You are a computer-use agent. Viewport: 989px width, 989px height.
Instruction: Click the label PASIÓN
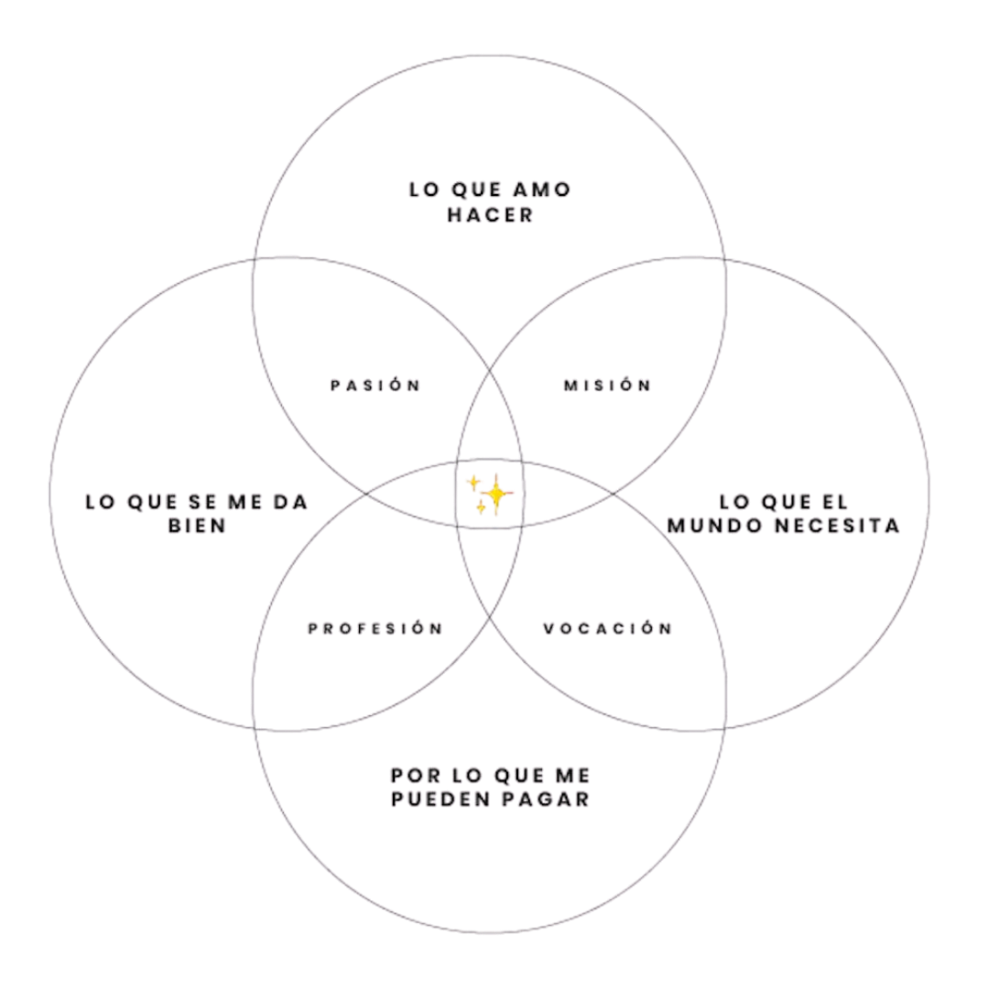coord(375,386)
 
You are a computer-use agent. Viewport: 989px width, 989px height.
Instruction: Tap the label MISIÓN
coord(607,386)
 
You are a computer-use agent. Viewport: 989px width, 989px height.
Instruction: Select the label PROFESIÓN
coord(375,628)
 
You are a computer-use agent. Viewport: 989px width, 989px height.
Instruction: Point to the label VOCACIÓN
coord(607,628)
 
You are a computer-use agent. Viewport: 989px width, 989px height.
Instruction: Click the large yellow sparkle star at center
coord(494,495)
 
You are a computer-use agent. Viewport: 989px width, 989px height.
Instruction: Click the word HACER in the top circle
coord(490,216)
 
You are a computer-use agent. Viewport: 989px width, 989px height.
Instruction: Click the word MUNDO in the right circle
coord(712,527)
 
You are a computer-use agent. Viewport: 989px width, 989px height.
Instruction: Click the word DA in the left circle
coord(291,503)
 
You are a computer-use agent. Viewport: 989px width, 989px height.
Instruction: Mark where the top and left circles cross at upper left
coord(254,259)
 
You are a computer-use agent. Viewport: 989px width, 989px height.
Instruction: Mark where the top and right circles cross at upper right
coord(726,259)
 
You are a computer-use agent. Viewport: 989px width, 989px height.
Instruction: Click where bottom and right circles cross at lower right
coord(724,729)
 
